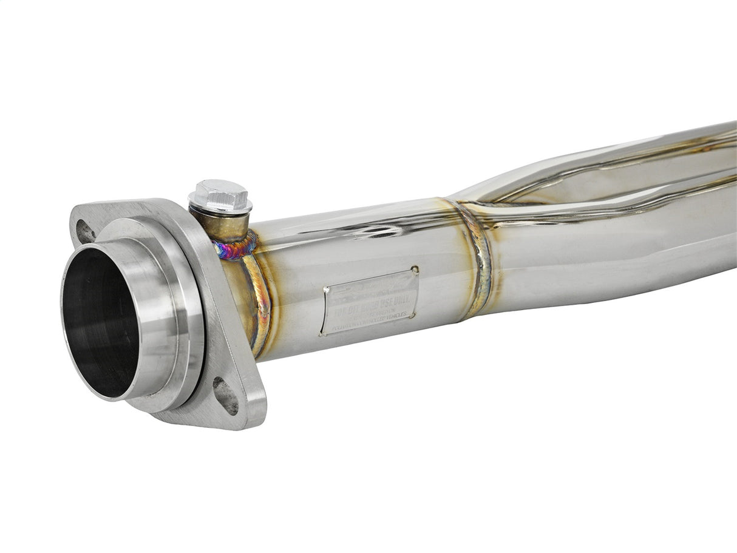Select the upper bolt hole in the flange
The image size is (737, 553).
click(85, 231)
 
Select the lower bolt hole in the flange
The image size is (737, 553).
click(226, 396)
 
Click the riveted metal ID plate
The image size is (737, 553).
click(370, 301)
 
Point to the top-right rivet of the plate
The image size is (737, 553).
click(415, 269)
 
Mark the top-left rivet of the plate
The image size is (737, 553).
click(326, 289)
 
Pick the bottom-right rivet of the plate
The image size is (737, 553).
click(413, 314)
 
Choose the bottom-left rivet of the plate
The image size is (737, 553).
click(322, 332)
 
